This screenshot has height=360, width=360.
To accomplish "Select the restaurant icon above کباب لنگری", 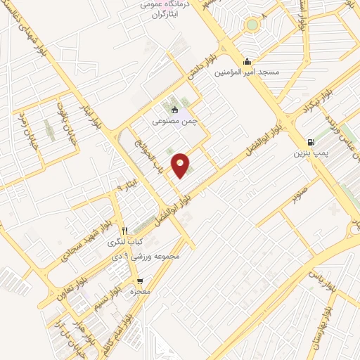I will [124, 231].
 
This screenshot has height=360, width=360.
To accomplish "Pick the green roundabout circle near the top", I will [252, 25].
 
